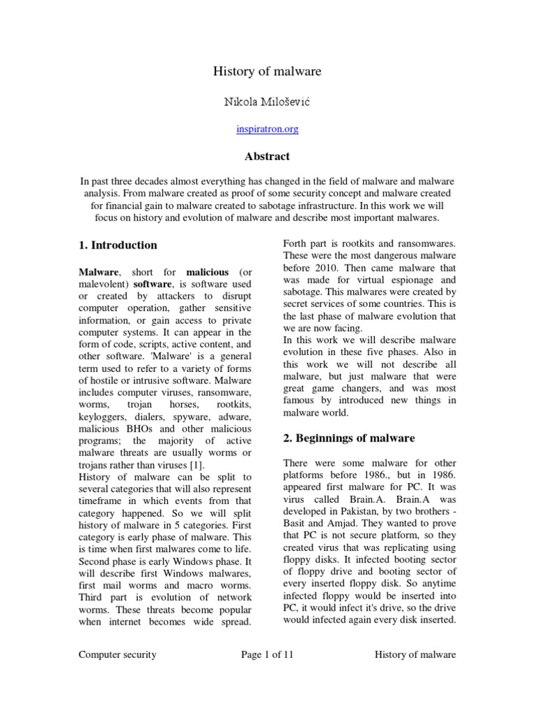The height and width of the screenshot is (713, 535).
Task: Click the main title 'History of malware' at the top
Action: pyautogui.click(x=267, y=71)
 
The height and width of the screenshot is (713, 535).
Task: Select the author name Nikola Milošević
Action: pyautogui.click(x=267, y=102)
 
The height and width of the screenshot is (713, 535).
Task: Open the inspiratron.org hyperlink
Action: pyautogui.click(x=267, y=130)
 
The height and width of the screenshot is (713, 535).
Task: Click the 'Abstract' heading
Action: pyautogui.click(x=267, y=156)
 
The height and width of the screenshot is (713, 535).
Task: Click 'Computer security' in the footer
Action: pyautogui.click(x=117, y=655)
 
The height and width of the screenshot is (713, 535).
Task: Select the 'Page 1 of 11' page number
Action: pyautogui.click(x=267, y=655)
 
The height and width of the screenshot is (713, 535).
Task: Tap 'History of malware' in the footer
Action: pyautogui.click(x=415, y=655)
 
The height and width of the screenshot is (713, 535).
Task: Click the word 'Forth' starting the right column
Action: pyautogui.click(x=295, y=242)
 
